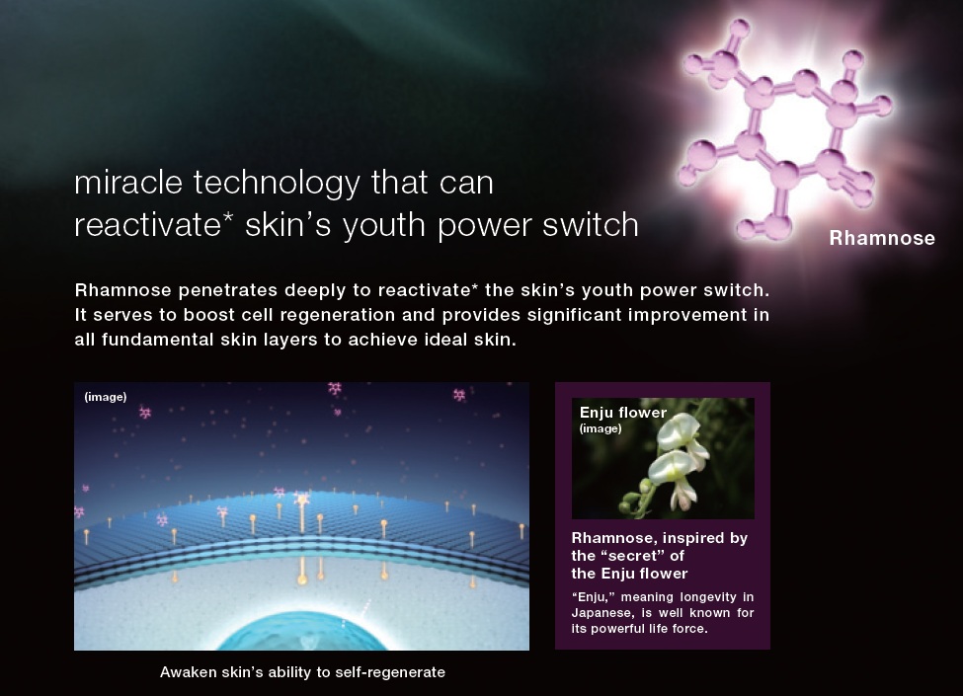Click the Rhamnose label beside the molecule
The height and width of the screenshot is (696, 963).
(882, 238)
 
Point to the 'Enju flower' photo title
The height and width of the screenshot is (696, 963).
(623, 413)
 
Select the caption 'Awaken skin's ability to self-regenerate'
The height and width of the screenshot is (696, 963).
(302, 672)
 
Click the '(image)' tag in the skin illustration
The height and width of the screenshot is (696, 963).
(106, 397)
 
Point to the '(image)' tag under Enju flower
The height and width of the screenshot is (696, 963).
(601, 428)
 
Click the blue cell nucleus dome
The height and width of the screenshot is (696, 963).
(301, 632)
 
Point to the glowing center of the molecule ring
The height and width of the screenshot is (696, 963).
(795, 125)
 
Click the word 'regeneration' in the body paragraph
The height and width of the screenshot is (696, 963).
(330, 316)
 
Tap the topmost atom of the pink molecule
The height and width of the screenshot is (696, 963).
(740, 28)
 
